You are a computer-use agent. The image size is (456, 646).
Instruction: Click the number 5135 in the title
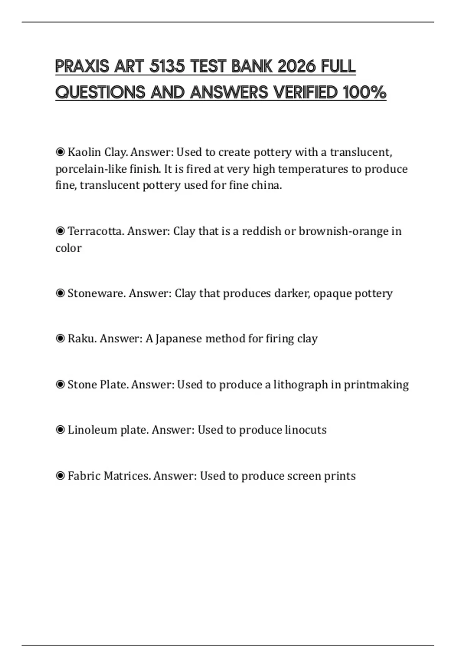click(x=166, y=66)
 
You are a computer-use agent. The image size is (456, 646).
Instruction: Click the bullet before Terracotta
click(x=60, y=231)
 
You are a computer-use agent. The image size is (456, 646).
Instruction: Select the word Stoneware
click(x=97, y=293)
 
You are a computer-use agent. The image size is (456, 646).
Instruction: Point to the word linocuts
click(x=306, y=430)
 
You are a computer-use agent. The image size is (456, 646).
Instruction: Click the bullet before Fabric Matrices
click(x=60, y=476)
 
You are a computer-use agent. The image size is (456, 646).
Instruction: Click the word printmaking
click(x=376, y=385)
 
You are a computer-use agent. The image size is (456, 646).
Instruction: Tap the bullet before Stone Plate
click(x=60, y=385)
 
